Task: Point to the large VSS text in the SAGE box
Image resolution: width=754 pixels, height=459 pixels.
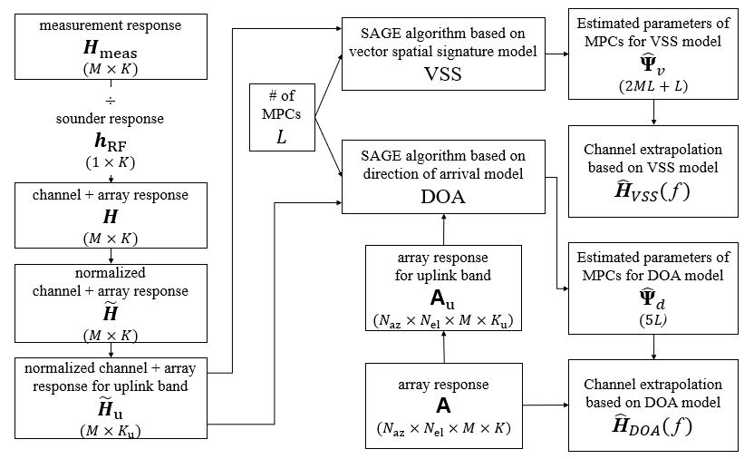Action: (443, 75)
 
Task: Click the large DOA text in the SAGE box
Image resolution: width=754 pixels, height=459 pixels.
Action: (443, 193)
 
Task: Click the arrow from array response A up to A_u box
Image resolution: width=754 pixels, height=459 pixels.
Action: (443, 347)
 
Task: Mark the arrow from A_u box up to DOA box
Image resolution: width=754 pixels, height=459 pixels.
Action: (443, 229)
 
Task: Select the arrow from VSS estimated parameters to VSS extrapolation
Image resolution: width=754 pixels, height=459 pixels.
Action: (656, 112)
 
